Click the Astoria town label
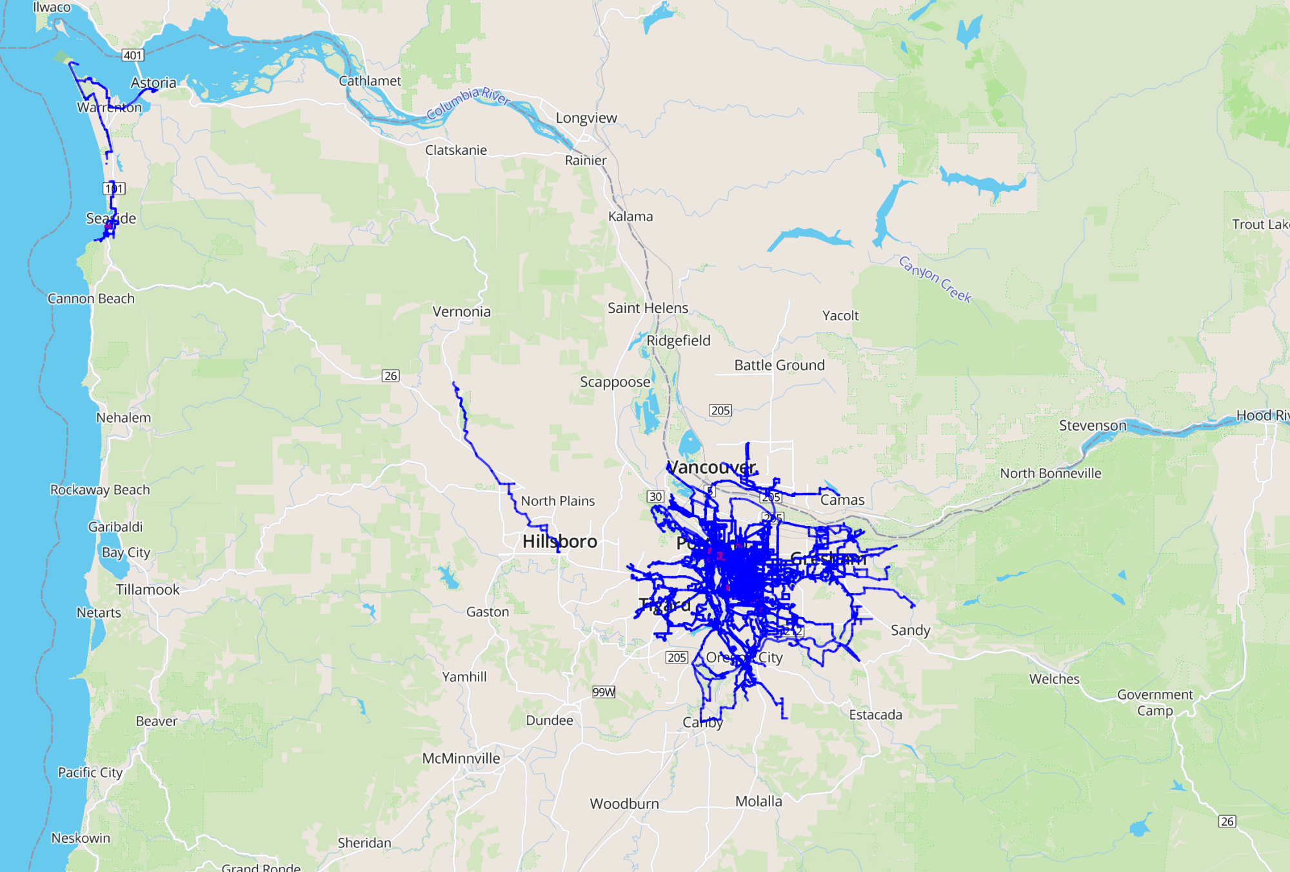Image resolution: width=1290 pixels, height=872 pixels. (x=154, y=83)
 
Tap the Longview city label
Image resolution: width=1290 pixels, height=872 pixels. (x=586, y=118)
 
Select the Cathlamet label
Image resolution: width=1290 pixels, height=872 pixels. (x=370, y=81)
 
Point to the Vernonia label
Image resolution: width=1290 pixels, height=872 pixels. (x=461, y=312)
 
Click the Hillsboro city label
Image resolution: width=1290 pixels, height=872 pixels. (x=559, y=542)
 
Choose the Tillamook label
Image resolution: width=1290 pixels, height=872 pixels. (x=148, y=589)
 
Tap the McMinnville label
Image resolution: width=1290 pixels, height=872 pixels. (x=461, y=758)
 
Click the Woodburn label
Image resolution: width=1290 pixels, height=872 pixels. (x=624, y=804)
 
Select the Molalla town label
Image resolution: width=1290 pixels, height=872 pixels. (x=759, y=801)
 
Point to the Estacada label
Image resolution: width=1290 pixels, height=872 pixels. (x=875, y=715)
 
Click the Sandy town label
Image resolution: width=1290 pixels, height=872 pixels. (x=910, y=630)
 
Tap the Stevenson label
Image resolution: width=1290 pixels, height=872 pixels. (x=1092, y=425)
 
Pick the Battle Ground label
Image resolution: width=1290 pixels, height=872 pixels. (x=779, y=365)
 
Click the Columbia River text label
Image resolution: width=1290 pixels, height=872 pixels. (x=468, y=103)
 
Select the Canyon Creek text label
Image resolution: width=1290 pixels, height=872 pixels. (x=935, y=279)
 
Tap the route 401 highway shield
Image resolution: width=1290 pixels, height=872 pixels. (x=133, y=56)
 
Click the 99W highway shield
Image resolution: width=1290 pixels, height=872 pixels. (x=604, y=692)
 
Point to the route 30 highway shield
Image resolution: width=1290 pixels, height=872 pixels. (x=655, y=496)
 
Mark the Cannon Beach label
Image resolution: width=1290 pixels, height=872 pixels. (x=91, y=299)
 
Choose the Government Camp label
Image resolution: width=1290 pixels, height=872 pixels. (x=1155, y=702)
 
